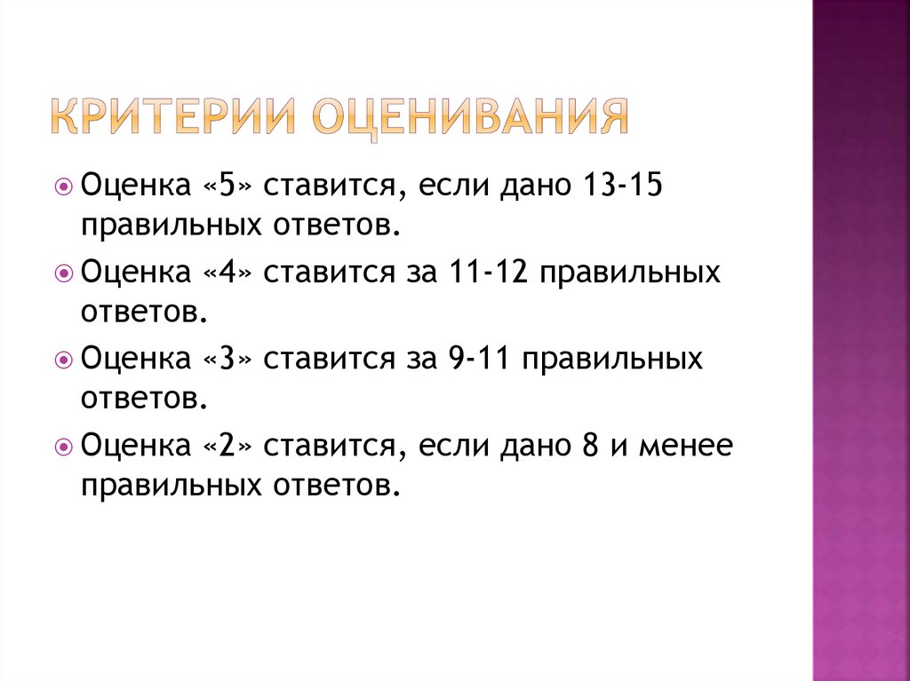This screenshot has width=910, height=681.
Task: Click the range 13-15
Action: [620, 187]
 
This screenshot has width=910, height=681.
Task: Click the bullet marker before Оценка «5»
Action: [63, 188]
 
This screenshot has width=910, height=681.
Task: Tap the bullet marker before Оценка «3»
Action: [63, 360]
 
